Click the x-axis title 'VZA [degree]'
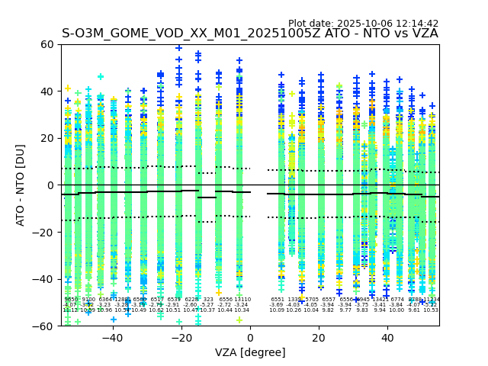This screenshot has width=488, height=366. pos(250,352)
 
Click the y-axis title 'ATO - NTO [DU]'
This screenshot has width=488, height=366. pos(21,185)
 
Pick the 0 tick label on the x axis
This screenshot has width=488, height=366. pos(250,338)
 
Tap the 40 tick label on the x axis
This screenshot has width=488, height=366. pos(387,338)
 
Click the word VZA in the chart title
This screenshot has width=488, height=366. pos(423,34)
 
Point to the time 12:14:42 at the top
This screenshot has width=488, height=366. pos(417,24)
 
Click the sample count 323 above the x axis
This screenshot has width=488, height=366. pos(208,300)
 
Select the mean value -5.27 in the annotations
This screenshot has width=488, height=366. pos(207,305)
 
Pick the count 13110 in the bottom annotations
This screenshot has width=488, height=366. pos(242,300)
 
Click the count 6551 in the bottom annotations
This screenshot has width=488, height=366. pos(277,300)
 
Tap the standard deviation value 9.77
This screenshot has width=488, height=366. pos(345,310)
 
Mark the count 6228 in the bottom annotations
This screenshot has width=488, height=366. pos(191,300)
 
